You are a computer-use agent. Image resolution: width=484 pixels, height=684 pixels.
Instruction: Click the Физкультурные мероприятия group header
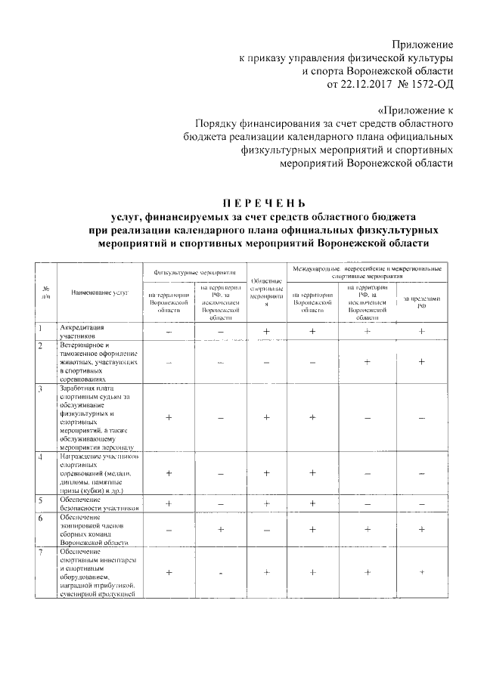pos(194,271)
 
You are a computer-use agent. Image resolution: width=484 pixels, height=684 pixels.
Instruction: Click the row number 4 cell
pos(46,458)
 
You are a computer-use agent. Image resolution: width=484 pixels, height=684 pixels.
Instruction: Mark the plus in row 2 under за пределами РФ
pos(421,362)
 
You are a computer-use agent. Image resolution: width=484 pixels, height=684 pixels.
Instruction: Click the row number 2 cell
pos(46,345)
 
